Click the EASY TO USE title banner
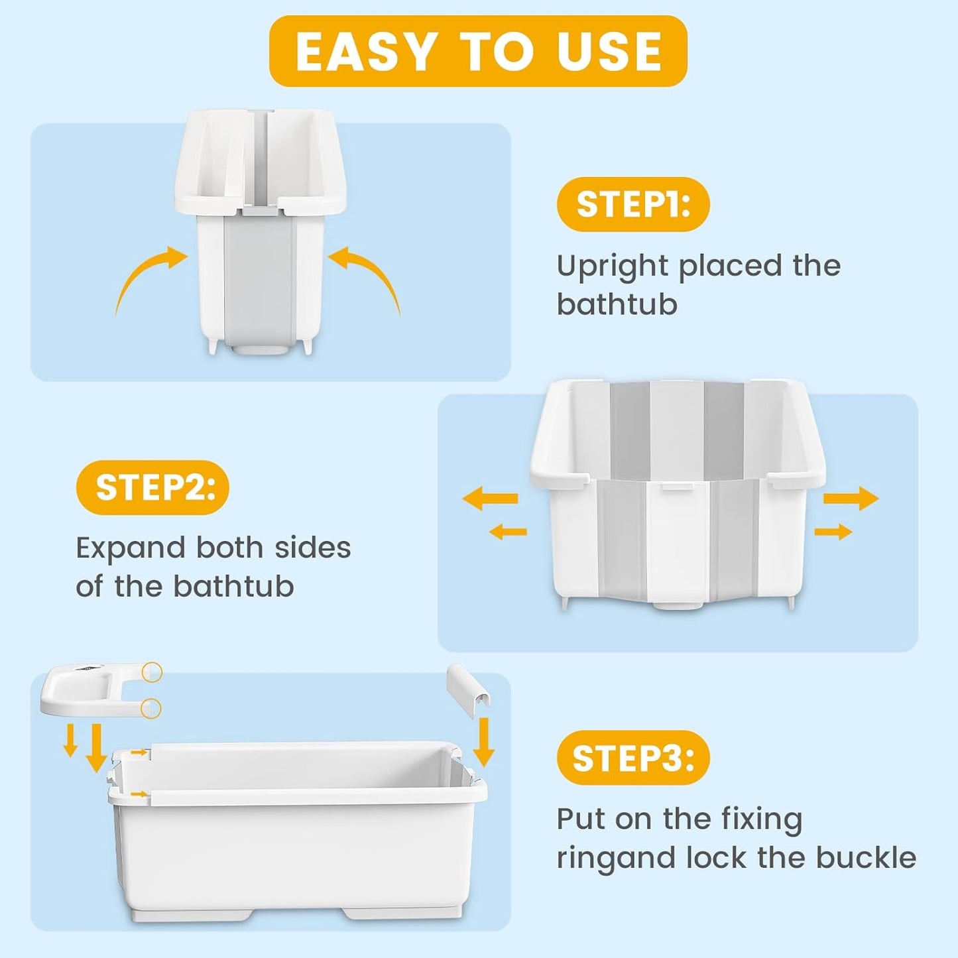point(478,51)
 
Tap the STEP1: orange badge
point(633,204)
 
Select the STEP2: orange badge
point(152,487)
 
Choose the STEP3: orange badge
point(633,757)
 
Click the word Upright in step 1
point(612,267)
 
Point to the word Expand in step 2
point(130,548)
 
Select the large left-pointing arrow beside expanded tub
point(490,498)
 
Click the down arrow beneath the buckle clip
point(484,743)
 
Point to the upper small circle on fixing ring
point(152,672)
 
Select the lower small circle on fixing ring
point(152,707)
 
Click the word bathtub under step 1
point(617,305)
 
